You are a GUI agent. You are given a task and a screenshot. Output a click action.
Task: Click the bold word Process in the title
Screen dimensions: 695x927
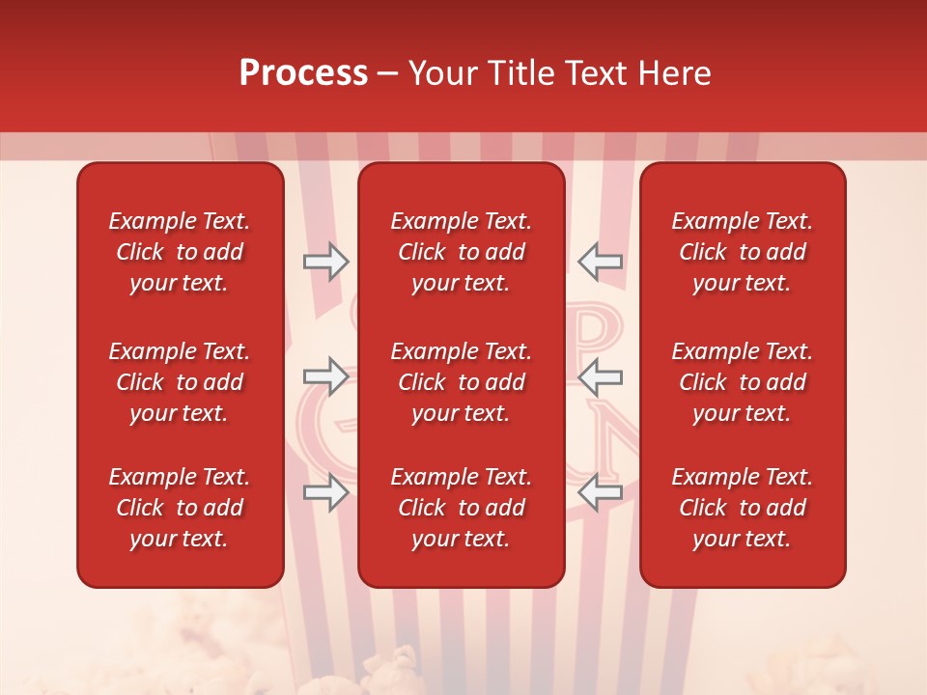pyautogui.click(x=303, y=73)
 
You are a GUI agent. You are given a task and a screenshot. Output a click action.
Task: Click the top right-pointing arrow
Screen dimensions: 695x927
pyautogui.click(x=325, y=262)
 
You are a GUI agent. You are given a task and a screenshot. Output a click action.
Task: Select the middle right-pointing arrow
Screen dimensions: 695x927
pyautogui.click(x=325, y=376)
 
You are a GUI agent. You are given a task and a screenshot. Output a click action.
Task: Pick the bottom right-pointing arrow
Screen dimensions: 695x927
pyautogui.click(x=325, y=493)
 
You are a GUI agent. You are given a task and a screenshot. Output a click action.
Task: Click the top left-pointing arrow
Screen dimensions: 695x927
pyautogui.click(x=600, y=262)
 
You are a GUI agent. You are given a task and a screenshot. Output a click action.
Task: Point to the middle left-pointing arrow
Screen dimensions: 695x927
pyautogui.click(x=600, y=376)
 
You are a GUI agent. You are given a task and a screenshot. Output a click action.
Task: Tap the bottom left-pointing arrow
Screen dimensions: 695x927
pyautogui.click(x=600, y=493)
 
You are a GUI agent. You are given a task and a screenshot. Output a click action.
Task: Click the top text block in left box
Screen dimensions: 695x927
pyautogui.click(x=180, y=252)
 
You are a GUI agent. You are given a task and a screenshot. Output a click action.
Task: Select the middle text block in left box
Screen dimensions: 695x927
pyautogui.click(x=180, y=382)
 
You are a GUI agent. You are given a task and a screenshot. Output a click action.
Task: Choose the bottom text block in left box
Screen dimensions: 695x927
pyautogui.click(x=180, y=508)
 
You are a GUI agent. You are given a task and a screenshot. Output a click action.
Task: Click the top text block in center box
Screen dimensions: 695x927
pyautogui.click(x=461, y=252)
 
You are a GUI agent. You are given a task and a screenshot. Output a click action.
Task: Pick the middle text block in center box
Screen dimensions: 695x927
pyautogui.click(x=461, y=382)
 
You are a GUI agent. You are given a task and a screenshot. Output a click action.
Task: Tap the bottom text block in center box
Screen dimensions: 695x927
pyautogui.click(x=461, y=508)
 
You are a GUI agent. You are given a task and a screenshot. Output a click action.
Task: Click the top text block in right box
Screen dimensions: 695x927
pyautogui.click(x=742, y=252)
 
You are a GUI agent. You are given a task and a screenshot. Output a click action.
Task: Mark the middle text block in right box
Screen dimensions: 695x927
pyautogui.click(x=742, y=382)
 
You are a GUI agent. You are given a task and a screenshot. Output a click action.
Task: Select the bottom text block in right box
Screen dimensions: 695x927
pyautogui.click(x=742, y=508)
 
